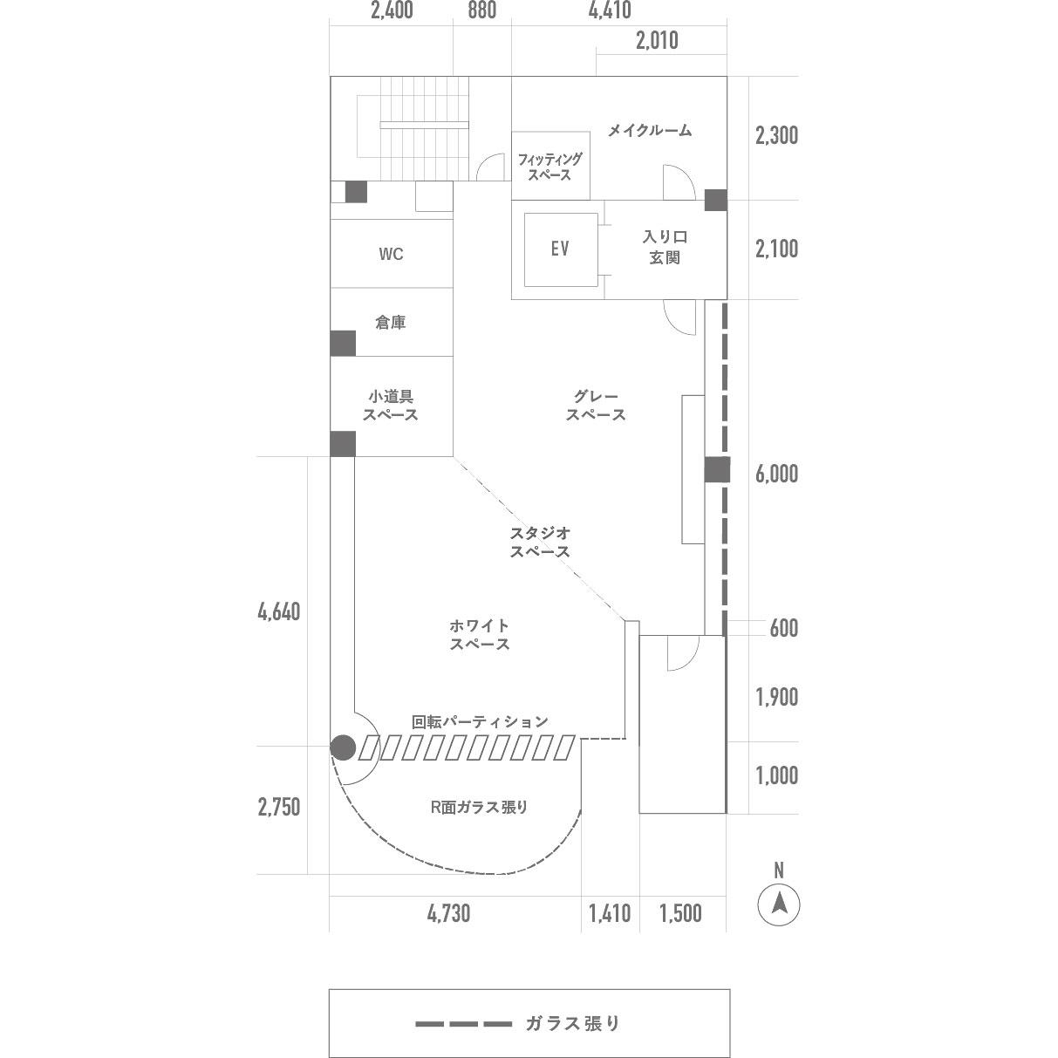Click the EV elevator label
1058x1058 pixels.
pyautogui.click(x=559, y=249)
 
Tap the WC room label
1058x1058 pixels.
pyautogui.click(x=391, y=254)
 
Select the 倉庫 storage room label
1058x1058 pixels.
pyautogui.click(x=391, y=323)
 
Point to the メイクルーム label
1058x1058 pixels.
pyautogui.click(x=650, y=130)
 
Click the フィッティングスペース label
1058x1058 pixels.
pyautogui.click(x=549, y=167)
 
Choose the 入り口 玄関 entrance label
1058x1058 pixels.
pyautogui.click(x=665, y=247)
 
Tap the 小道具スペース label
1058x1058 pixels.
pyautogui.click(x=391, y=406)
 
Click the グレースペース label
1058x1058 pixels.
pyautogui.click(x=596, y=406)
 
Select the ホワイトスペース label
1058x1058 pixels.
pyautogui.click(x=480, y=634)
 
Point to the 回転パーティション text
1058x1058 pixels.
pyautogui.click(x=480, y=721)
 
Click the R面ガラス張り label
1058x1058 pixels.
pyautogui.click(x=479, y=807)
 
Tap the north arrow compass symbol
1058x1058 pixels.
pyautogui.click(x=779, y=904)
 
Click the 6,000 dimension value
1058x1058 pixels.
pyautogui.click(x=776, y=474)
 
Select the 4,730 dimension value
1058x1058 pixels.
pyautogui.click(x=448, y=913)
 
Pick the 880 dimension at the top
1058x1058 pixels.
pyautogui.click(x=482, y=10)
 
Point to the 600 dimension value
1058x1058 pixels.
pyautogui.click(x=783, y=628)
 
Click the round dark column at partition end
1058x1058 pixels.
pyautogui.click(x=343, y=747)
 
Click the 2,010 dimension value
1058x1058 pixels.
pyautogui.click(x=657, y=40)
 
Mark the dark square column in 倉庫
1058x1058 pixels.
pyautogui.click(x=343, y=343)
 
